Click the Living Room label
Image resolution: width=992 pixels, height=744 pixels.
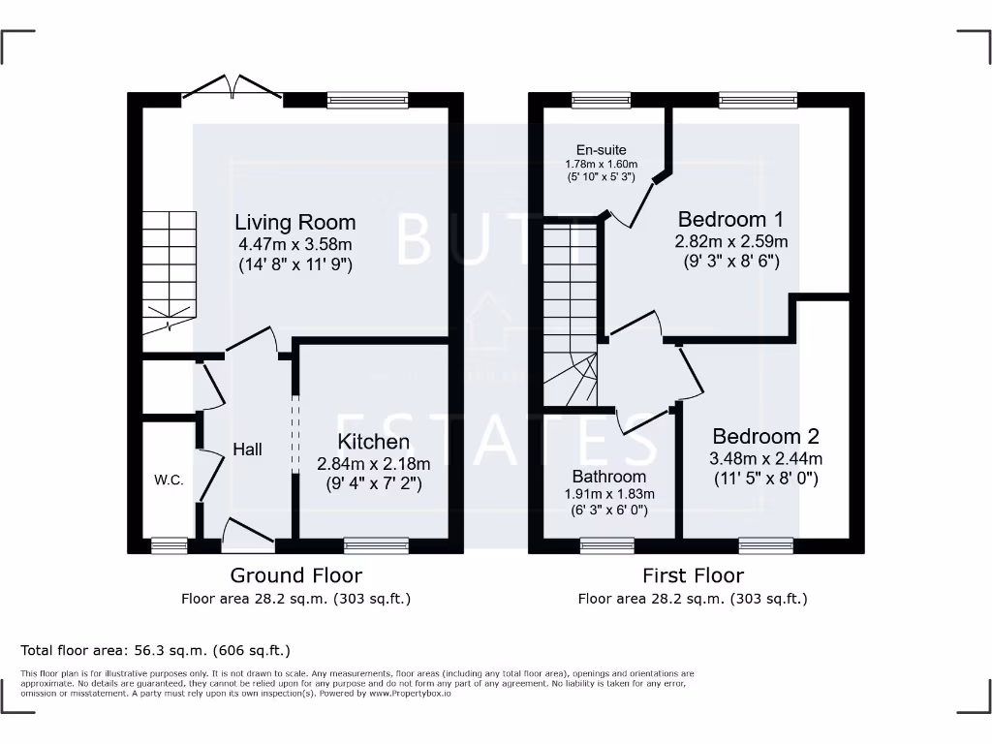tap(294, 223)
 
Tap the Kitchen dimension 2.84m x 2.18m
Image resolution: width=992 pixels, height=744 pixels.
tap(373, 464)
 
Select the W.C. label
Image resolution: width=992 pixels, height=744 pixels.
tap(169, 480)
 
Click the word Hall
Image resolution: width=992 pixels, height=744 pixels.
tap(247, 449)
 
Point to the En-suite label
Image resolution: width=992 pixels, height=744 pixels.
tap(601, 150)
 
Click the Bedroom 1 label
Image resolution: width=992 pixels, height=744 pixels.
tap(730, 219)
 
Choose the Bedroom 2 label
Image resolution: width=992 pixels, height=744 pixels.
tap(765, 437)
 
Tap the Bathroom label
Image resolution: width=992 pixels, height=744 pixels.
tap(608, 477)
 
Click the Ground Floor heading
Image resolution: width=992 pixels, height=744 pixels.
tap(296, 575)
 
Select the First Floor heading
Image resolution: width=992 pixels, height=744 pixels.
tap(692, 575)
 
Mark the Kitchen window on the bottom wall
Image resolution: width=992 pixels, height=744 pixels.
tap(376, 545)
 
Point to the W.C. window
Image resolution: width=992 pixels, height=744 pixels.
tap(170, 545)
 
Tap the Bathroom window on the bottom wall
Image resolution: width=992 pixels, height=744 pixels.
tap(607, 545)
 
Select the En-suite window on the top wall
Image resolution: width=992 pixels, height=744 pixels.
tap(601, 99)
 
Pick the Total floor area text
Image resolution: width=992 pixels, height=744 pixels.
tap(155, 650)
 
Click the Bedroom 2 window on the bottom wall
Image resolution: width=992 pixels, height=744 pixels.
tap(766, 545)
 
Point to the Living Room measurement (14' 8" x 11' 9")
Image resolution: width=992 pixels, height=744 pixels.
tap(294, 263)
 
